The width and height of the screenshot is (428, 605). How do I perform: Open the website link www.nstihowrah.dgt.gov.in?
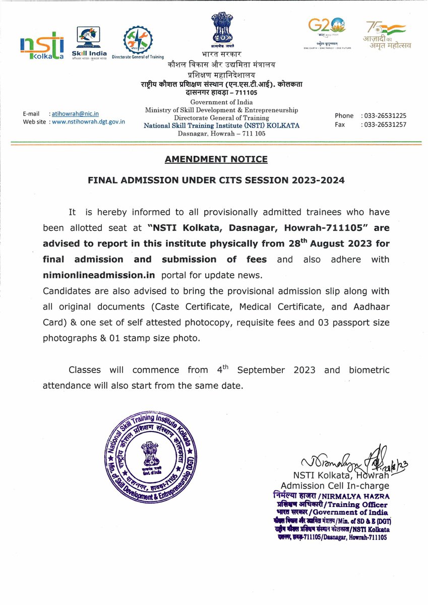(88, 122)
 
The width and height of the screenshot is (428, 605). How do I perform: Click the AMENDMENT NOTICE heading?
(216, 159)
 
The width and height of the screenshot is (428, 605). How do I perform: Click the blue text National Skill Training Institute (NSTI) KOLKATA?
(221, 125)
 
